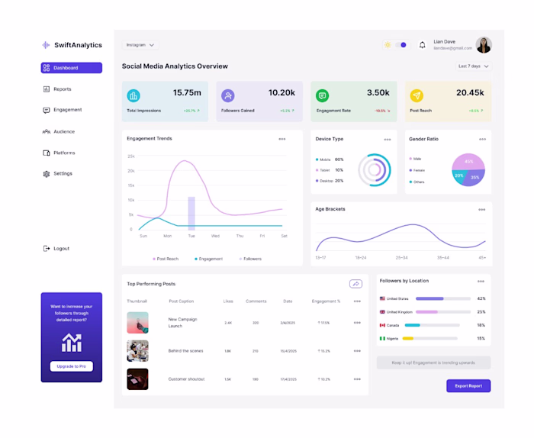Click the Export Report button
click(x=468, y=386)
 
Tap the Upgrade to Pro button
click(x=71, y=366)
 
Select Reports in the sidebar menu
click(x=62, y=89)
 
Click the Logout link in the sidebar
click(x=61, y=249)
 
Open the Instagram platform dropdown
click(x=140, y=45)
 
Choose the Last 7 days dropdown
click(x=474, y=66)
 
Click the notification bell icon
click(x=423, y=45)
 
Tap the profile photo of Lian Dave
click(x=484, y=45)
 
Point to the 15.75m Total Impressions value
click(x=187, y=93)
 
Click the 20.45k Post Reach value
click(x=470, y=93)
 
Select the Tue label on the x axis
click(x=191, y=236)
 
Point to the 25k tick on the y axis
click(x=131, y=156)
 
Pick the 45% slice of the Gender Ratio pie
click(x=469, y=162)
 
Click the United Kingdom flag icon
click(x=382, y=311)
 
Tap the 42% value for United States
click(x=481, y=298)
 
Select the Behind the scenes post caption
click(x=186, y=351)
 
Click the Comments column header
click(x=256, y=301)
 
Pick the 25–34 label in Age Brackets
click(x=401, y=258)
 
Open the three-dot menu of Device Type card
click(x=388, y=140)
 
